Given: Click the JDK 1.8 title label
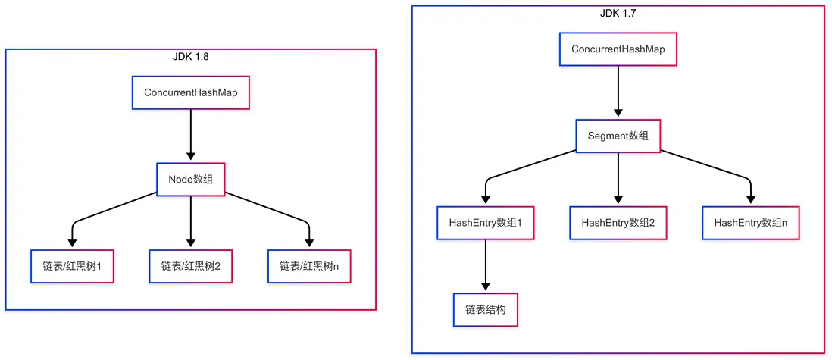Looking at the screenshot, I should click(x=190, y=56).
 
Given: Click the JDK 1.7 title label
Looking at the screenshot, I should click(x=618, y=12).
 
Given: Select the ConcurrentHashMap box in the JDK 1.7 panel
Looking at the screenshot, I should click(x=618, y=49).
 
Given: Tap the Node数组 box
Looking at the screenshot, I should click(x=191, y=180).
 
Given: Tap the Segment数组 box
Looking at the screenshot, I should click(x=618, y=136).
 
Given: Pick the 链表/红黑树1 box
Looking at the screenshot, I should click(x=73, y=266).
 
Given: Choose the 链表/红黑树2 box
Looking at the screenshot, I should click(x=191, y=266).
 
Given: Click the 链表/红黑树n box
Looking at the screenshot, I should click(x=309, y=266).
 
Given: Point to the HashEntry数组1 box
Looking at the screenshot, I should click(x=486, y=223).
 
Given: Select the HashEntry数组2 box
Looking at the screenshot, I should click(x=618, y=223).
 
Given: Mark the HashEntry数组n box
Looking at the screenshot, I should click(x=751, y=223).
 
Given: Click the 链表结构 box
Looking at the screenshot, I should click(x=486, y=309).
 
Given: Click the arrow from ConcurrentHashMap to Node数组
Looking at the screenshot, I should click(x=191, y=136).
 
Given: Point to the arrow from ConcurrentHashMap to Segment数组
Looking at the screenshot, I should click(x=618, y=92).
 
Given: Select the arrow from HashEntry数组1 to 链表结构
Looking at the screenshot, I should click(x=486, y=265).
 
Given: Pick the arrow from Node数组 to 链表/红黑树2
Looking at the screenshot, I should click(x=191, y=222).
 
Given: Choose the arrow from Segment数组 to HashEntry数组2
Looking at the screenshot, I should click(x=618, y=179).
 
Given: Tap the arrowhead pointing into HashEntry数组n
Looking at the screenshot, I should click(x=751, y=200).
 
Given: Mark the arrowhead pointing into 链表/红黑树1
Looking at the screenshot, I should click(x=73, y=243).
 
